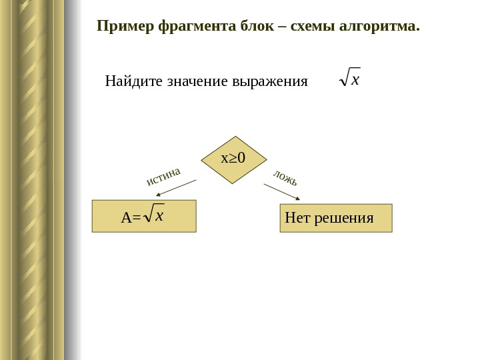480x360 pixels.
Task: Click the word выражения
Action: click(270, 82)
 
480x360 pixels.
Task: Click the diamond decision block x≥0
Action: click(233, 159)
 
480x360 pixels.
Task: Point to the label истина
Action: click(163, 176)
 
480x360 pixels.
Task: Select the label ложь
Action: click(285, 178)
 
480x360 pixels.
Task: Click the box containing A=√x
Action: click(144, 215)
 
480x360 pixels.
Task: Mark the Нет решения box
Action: click(336, 218)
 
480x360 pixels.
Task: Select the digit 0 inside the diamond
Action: click(241, 159)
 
